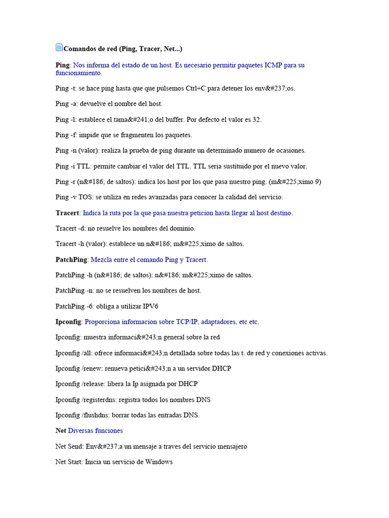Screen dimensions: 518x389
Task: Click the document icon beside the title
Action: (59, 48)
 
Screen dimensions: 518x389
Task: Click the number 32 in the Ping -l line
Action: (256, 119)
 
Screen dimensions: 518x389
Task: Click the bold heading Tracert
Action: (67, 213)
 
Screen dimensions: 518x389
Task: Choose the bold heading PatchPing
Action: (71, 260)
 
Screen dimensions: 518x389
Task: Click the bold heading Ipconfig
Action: (68, 322)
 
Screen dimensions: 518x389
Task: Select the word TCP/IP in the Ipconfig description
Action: (187, 322)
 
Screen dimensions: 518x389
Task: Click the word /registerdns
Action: (98, 400)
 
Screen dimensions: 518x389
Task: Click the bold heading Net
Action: (61, 430)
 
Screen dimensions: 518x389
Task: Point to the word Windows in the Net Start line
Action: (159, 462)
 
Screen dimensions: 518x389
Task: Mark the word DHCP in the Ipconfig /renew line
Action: (222, 368)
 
